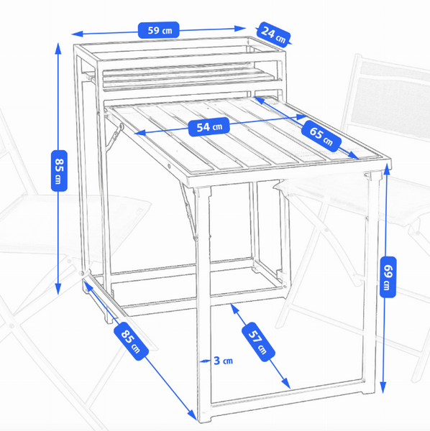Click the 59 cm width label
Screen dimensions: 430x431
point(159,30)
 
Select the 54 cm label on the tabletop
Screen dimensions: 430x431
point(209,126)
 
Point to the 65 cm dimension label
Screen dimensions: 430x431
point(321,136)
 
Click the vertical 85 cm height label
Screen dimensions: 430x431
point(59,171)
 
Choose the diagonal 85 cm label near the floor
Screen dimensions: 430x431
point(131,340)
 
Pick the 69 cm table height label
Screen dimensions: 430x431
point(388,277)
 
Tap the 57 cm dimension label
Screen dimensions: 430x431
point(258,342)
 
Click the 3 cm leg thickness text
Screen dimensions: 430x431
point(223,361)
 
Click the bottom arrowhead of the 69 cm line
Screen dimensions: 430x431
point(383,388)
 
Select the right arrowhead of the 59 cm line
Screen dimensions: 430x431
point(240,28)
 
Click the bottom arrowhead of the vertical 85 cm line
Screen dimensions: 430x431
point(58,289)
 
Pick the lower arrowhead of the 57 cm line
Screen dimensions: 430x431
point(286,384)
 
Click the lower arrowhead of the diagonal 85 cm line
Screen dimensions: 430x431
point(192,415)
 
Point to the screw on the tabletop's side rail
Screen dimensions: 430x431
point(169,166)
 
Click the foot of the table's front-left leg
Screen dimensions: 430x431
point(205,420)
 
